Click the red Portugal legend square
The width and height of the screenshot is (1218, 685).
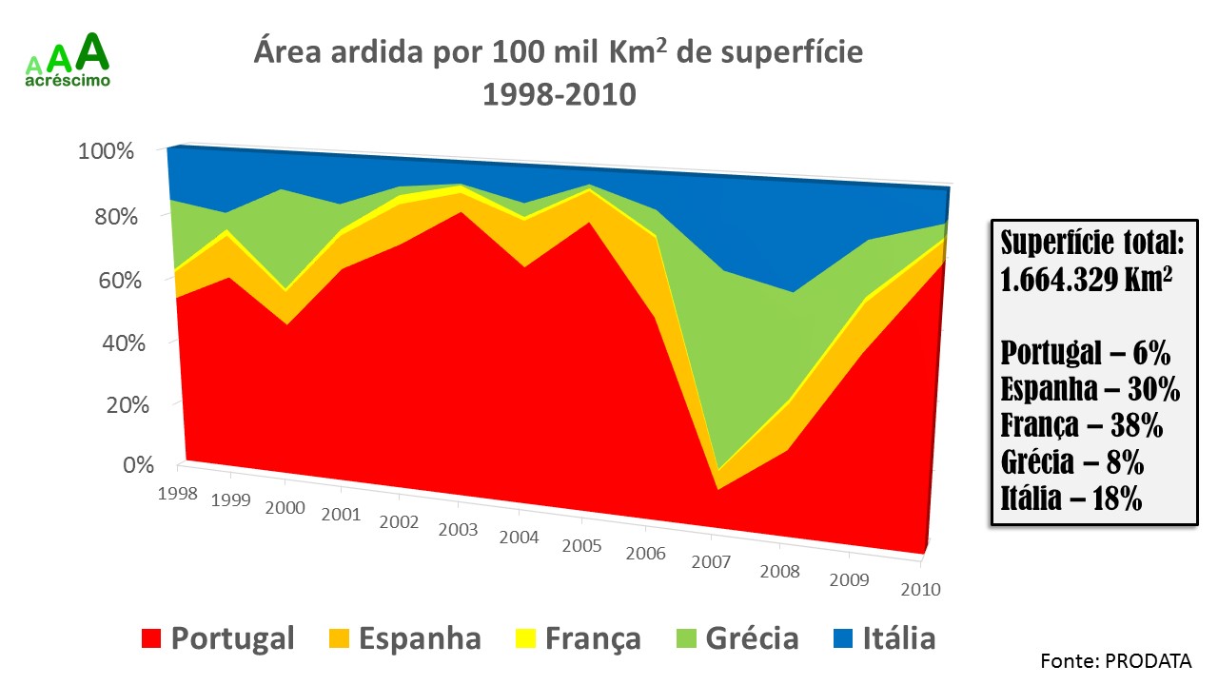(151, 638)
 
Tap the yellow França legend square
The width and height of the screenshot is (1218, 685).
(525, 638)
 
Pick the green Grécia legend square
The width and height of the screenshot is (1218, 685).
(685, 638)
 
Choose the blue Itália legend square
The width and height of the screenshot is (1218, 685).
(843, 638)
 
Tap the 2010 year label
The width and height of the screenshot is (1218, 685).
(920, 589)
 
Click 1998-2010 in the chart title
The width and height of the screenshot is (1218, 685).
(558, 95)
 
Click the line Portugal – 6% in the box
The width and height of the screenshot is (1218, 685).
(1085, 354)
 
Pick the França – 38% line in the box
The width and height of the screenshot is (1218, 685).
(1082, 425)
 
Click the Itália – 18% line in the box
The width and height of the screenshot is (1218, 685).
(1071, 499)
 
